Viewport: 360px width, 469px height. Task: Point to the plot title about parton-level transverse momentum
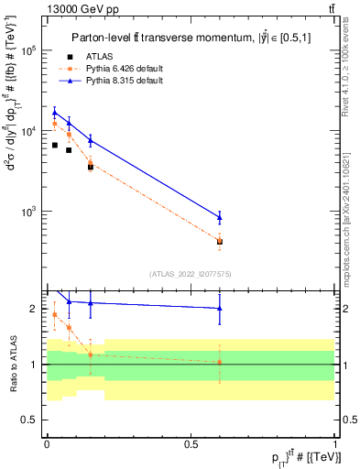(x=190, y=38)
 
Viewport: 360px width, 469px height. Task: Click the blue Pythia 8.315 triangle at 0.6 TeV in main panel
(x=219, y=217)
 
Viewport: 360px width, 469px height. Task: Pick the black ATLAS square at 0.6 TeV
(x=219, y=242)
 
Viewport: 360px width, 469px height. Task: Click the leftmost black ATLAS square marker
(x=54, y=146)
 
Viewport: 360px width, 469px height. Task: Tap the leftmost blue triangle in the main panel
(x=54, y=112)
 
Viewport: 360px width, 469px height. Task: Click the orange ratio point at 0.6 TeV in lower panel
(x=219, y=362)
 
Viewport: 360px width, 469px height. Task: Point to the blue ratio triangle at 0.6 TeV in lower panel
(x=219, y=309)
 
